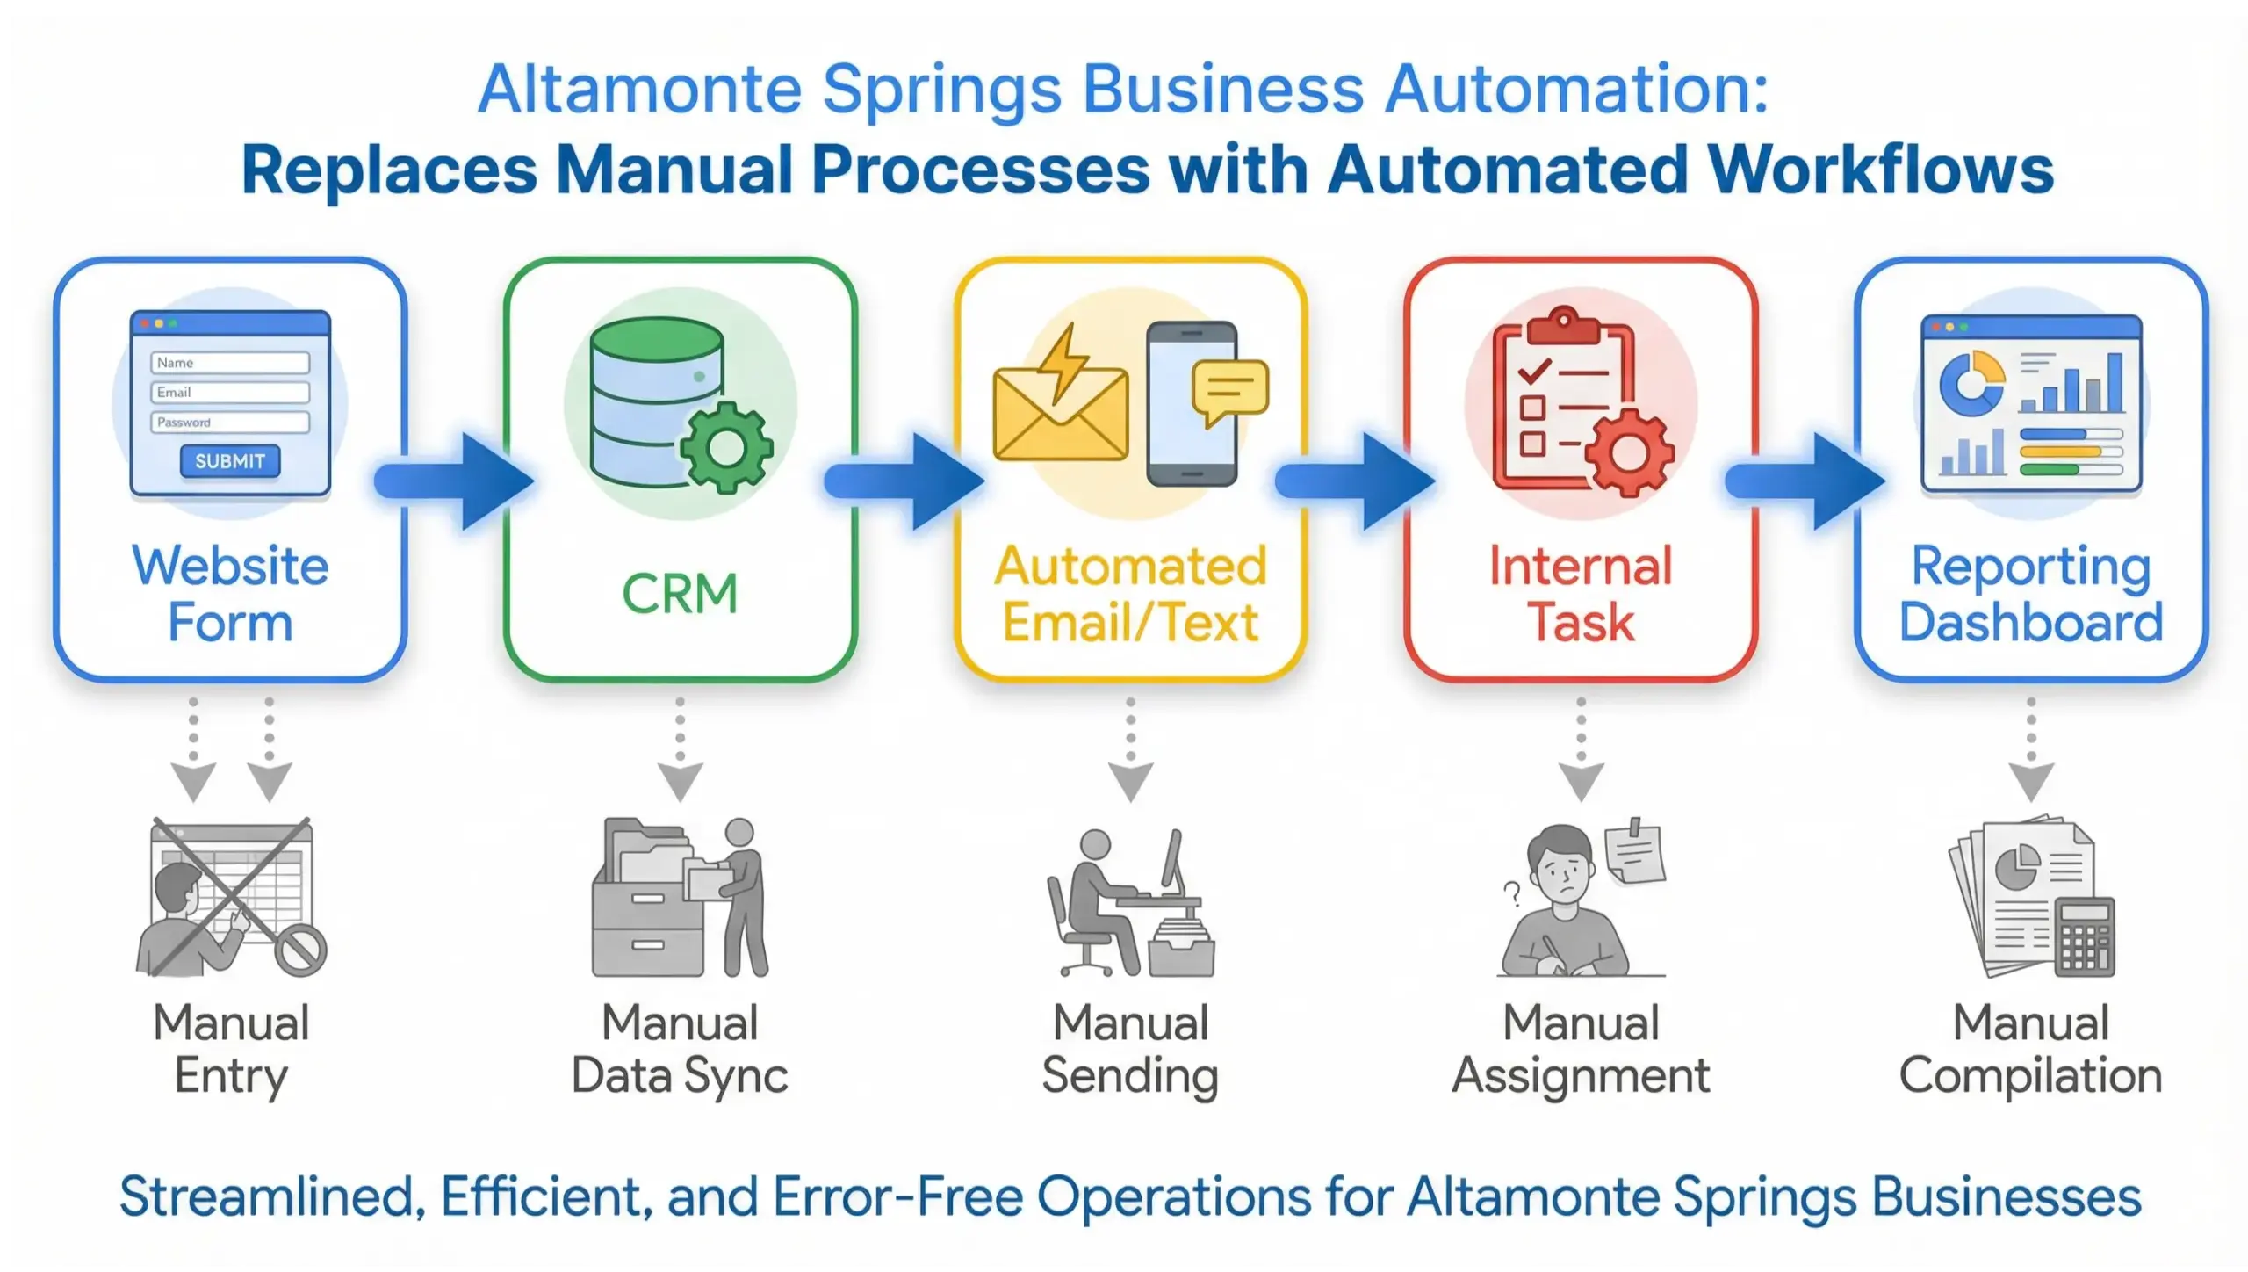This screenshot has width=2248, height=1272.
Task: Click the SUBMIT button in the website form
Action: click(230, 461)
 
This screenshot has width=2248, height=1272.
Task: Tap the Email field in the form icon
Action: click(230, 393)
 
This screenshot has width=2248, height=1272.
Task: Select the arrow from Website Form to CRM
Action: click(457, 481)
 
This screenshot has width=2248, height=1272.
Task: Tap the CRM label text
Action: click(680, 594)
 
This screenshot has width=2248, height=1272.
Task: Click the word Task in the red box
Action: click(1581, 622)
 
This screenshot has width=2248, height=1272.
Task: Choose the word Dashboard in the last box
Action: click(2030, 622)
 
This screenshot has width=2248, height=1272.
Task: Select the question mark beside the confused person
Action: click(1511, 893)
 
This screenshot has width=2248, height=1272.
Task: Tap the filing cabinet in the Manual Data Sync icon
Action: click(648, 922)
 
